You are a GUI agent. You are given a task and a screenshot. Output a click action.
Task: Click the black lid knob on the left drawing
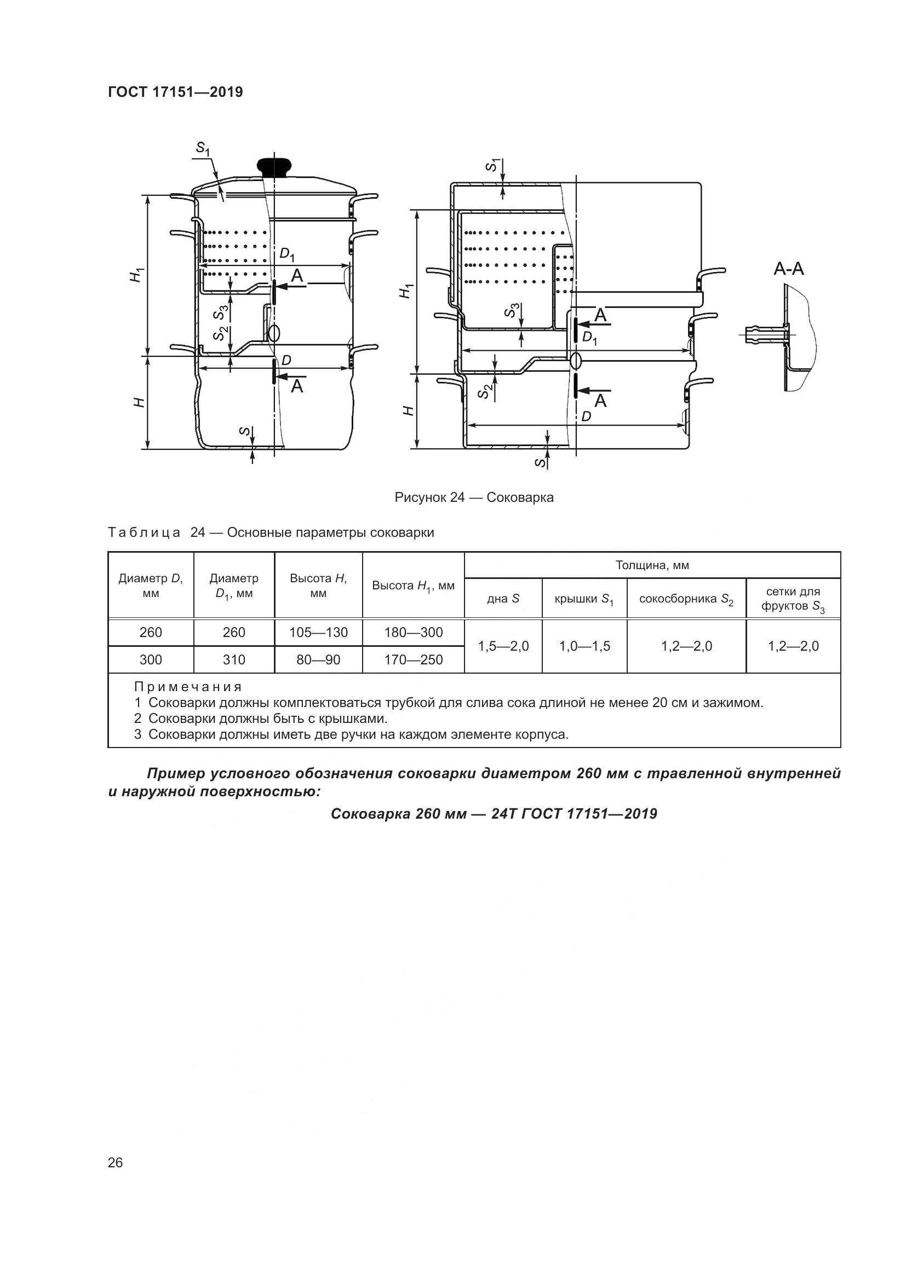click(x=274, y=166)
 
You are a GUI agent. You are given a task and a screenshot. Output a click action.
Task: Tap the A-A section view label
click(x=788, y=269)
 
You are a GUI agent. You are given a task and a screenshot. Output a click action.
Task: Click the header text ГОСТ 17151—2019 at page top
click(x=175, y=92)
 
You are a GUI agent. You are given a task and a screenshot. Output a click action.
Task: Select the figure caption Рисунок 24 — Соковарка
click(x=474, y=497)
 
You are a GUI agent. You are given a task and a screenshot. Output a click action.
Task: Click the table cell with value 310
click(x=234, y=659)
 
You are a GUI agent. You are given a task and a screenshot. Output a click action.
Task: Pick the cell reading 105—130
click(x=318, y=632)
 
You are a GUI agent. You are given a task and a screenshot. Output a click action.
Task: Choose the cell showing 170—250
click(x=413, y=659)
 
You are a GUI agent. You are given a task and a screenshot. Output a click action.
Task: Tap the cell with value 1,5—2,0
click(x=503, y=646)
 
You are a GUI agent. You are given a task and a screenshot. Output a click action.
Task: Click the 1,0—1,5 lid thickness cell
click(x=584, y=646)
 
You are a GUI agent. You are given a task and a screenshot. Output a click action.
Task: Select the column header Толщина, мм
click(x=652, y=565)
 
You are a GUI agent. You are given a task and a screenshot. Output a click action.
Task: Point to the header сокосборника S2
click(x=686, y=599)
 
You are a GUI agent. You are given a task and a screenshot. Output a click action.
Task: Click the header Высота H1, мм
click(x=413, y=586)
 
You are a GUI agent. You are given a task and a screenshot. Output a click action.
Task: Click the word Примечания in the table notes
click(x=188, y=686)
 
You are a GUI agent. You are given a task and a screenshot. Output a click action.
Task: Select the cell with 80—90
click(x=318, y=659)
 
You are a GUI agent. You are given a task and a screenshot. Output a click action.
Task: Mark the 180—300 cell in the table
click(x=413, y=632)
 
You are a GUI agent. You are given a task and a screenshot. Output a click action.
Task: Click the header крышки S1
click(x=583, y=599)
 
